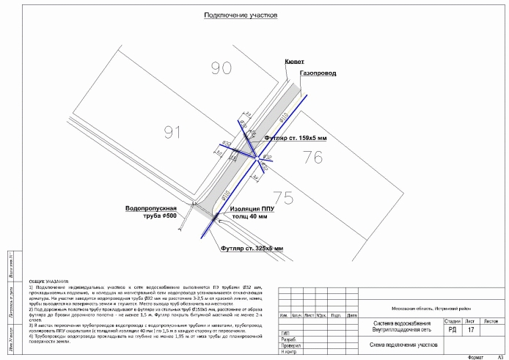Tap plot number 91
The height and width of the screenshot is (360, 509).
[172, 132]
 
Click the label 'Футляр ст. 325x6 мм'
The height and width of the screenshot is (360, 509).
[252, 249]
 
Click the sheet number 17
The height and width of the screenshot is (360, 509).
[470, 331]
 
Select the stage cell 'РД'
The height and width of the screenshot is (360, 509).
[453, 331]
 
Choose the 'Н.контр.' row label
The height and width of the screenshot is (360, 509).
[289, 352]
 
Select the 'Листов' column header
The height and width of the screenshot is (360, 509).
[491, 322]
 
